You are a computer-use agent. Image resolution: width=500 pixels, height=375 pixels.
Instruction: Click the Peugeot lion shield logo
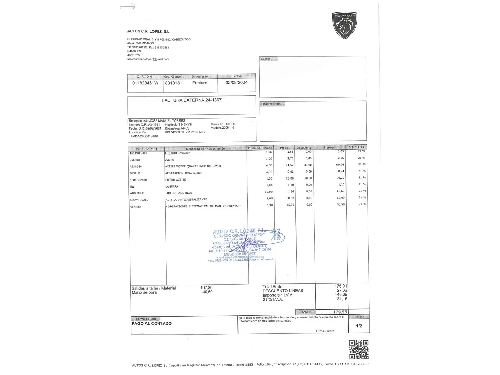(344, 25)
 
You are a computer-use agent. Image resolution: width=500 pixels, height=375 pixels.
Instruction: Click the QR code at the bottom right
(359, 350)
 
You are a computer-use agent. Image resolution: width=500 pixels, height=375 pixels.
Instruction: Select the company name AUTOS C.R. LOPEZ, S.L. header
(149, 31)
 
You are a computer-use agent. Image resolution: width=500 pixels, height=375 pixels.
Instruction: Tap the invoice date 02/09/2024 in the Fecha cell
(236, 83)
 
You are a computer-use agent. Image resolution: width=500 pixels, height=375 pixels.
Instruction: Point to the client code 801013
(172, 83)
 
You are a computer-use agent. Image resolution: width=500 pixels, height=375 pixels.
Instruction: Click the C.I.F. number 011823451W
(145, 83)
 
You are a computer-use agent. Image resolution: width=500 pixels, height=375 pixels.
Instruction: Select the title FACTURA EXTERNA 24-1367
(191, 100)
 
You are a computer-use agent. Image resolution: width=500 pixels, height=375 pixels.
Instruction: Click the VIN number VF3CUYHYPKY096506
(184, 132)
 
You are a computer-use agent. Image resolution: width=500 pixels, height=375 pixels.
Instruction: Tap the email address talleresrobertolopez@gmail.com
(148, 59)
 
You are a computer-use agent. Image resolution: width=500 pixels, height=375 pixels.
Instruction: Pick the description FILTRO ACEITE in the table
(176, 180)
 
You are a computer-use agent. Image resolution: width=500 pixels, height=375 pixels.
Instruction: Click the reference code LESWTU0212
(139, 200)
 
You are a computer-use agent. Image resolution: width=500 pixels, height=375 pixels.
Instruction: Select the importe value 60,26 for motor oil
(340, 165)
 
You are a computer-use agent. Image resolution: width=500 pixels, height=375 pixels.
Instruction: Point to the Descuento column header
(304, 148)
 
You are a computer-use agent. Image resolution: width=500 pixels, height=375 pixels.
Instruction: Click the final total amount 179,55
(340, 312)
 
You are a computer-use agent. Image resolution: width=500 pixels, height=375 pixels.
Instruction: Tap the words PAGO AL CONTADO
(151, 324)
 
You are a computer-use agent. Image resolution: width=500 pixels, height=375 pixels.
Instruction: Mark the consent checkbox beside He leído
(240, 318)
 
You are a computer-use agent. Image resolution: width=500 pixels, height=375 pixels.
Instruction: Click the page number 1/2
(359, 326)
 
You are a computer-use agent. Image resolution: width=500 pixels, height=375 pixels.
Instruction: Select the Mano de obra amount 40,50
(207, 292)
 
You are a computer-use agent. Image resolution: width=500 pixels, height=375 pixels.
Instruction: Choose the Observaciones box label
(271, 104)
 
